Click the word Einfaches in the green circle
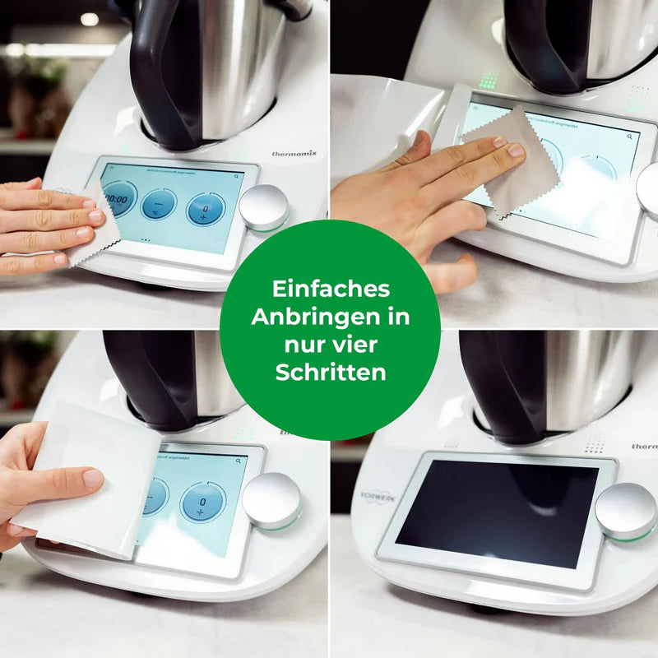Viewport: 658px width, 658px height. pyautogui.click(x=331, y=289)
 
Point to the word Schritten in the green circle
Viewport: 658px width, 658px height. pyautogui.click(x=331, y=372)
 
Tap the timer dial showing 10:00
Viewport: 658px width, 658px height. pyautogui.click(x=120, y=198)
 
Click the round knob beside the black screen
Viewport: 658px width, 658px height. pyautogui.click(x=625, y=511)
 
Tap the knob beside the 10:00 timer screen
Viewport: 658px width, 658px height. pyautogui.click(x=264, y=207)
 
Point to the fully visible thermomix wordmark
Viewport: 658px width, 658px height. pyautogui.click(x=295, y=153)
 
